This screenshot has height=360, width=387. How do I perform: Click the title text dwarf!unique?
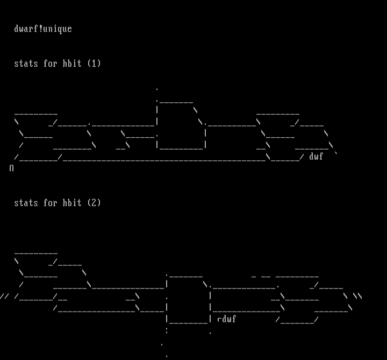tap(43, 29)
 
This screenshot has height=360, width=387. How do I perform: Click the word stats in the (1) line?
tap(26, 63)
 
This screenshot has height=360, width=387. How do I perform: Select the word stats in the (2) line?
tap(26, 203)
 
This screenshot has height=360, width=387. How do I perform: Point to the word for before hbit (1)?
tap(51, 63)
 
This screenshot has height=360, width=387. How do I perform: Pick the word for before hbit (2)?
tap(51, 203)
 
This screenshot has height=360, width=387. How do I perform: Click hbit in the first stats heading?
tap(72, 63)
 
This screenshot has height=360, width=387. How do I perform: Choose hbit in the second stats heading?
tap(72, 203)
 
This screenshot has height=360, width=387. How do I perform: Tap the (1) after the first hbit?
tap(94, 63)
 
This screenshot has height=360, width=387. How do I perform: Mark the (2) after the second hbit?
tap(94, 203)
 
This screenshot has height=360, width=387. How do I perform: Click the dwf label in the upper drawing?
tap(316, 157)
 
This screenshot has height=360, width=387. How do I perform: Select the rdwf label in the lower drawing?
tap(226, 319)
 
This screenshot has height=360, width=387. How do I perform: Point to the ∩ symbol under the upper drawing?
tap(11, 168)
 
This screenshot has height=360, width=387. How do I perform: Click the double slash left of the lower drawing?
tap(4, 296)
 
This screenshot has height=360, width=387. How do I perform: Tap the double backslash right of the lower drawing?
tap(357, 296)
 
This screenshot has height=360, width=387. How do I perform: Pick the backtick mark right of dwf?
tap(336, 154)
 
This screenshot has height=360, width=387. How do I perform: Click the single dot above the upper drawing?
tap(157, 89)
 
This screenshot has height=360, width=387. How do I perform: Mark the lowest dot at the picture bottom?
tap(167, 356)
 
